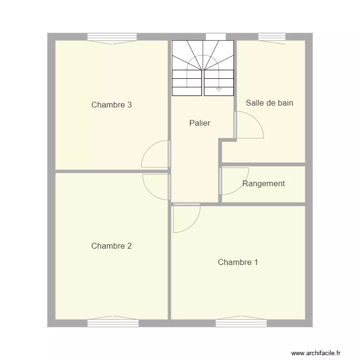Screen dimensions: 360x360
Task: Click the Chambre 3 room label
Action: (111, 105)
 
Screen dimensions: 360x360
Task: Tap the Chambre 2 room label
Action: (111, 246)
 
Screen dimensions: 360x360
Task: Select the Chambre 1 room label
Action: (238, 262)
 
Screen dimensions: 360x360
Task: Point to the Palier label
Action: (200, 123)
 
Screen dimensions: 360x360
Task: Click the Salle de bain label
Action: (269, 103)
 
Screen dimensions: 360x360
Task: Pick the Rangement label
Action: (264, 183)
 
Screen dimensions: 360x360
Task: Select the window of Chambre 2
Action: (113, 323)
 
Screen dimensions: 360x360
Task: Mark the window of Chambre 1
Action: (241, 323)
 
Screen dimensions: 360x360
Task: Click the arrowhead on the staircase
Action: (219, 89)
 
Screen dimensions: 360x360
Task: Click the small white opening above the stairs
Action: (216, 36)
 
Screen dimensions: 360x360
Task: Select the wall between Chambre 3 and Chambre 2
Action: (111, 170)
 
